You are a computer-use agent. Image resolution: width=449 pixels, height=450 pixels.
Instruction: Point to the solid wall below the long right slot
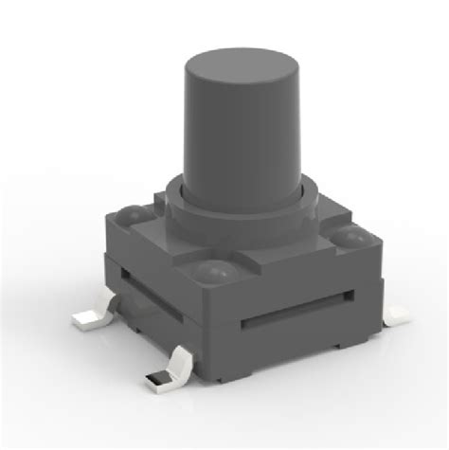click(x=303, y=346)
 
